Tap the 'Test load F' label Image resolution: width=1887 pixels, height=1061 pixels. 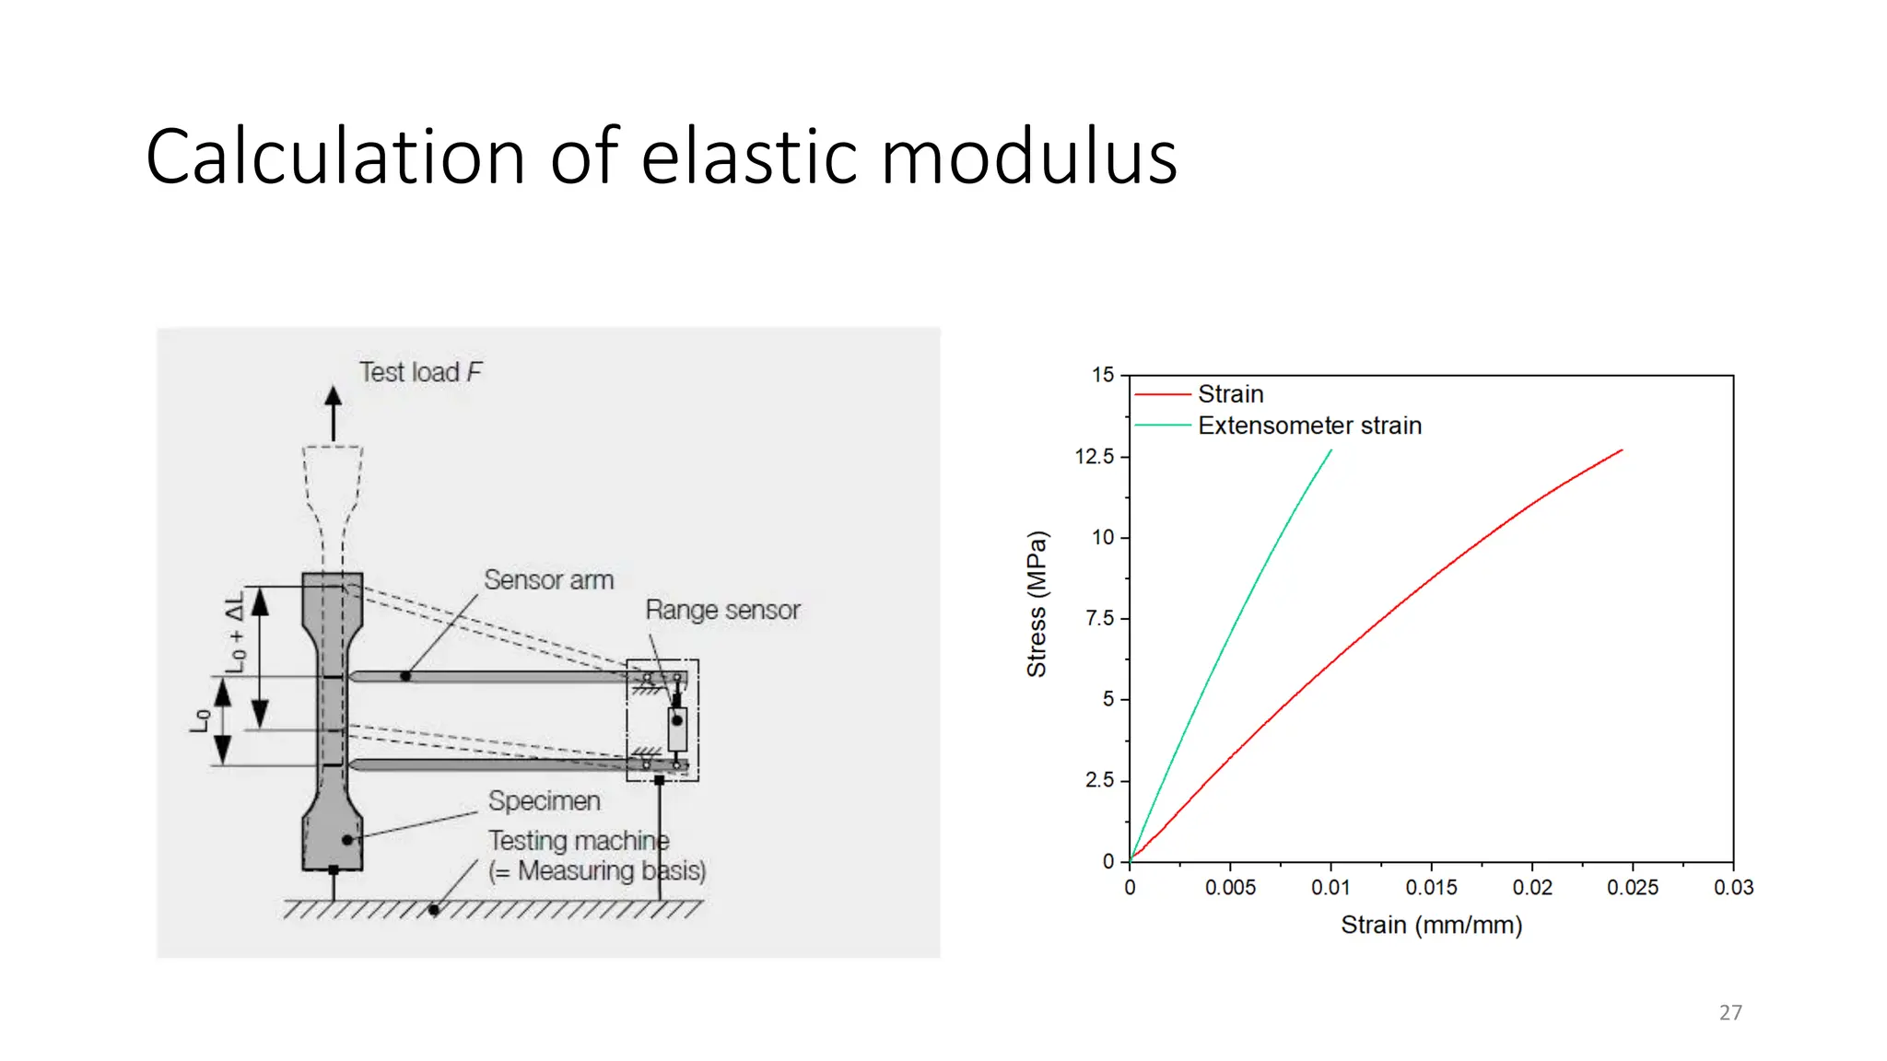pos(420,372)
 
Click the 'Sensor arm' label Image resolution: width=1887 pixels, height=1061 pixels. pos(548,580)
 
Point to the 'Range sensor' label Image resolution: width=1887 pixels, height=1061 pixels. pos(722,610)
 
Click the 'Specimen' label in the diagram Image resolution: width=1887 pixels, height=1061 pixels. pos(544,801)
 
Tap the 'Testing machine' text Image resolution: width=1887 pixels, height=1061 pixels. pos(579,841)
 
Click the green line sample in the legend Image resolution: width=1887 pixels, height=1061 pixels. pos(1163,426)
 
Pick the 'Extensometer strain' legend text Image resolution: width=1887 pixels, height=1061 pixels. pos(1309,426)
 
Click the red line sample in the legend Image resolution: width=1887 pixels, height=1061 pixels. pos(1163,394)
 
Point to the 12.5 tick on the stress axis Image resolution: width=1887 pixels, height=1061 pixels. pos(1095,457)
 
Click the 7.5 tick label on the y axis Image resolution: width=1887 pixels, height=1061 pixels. pos(1100,618)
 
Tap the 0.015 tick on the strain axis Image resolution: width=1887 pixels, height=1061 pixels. pos(1431,888)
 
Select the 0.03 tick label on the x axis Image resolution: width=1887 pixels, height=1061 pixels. pos(1733,888)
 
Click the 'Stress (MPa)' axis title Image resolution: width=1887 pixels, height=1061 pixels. pos(1037,604)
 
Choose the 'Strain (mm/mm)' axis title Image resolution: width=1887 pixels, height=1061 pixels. pos(1431,925)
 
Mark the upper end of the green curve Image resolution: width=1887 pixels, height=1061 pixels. pos(1330,450)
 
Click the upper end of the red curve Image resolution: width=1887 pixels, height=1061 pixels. pos(1621,450)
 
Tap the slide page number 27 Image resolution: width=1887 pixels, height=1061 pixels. pos(1730,1012)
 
